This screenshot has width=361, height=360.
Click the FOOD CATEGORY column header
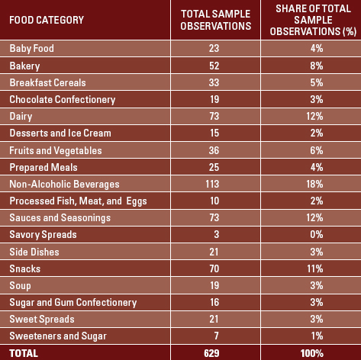coord(47,20)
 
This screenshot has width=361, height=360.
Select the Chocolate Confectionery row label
coord(62,99)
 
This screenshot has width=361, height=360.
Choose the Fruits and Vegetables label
coord(52,150)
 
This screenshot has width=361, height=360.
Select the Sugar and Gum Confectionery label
coord(73,302)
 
